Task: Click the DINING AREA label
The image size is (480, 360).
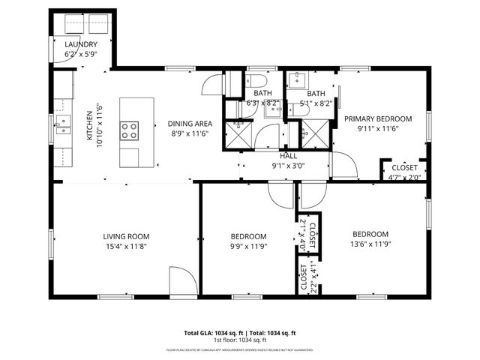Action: click(x=189, y=124)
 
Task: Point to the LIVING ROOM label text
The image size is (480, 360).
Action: click(x=125, y=236)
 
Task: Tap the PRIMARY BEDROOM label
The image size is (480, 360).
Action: click(x=378, y=119)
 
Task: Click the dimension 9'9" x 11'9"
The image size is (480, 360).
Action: click(x=248, y=244)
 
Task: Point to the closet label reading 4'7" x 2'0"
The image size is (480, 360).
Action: click(x=403, y=177)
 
